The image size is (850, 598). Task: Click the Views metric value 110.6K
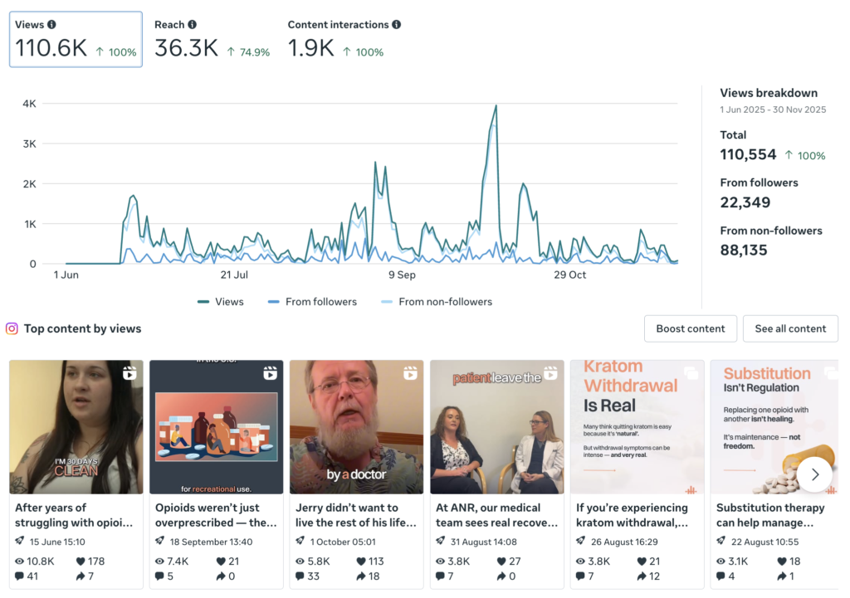(x=51, y=49)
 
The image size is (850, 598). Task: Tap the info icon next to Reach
(x=193, y=25)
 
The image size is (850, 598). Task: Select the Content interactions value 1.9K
(x=310, y=49)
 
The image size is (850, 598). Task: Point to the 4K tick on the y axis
(x=29, y=104)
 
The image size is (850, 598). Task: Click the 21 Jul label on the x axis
(x=234, y=275)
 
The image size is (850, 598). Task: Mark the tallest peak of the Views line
(x=496, y=106)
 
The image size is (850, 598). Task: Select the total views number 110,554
(x=748, y=154)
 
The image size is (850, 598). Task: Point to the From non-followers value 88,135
(x=744, y=250)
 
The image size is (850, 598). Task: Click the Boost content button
(x=691, y=328)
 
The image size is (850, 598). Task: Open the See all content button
(x=790, y=328)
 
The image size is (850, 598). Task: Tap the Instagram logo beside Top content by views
(x=12, y=328)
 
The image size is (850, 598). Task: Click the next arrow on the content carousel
(x=814, y=474)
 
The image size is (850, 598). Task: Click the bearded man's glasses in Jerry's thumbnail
(x=343, y=385)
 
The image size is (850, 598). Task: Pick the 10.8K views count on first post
(x=41, y=561)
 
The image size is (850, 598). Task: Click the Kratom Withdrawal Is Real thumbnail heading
(x=631, y=386)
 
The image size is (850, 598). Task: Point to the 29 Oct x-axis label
(x=569, y=275)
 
